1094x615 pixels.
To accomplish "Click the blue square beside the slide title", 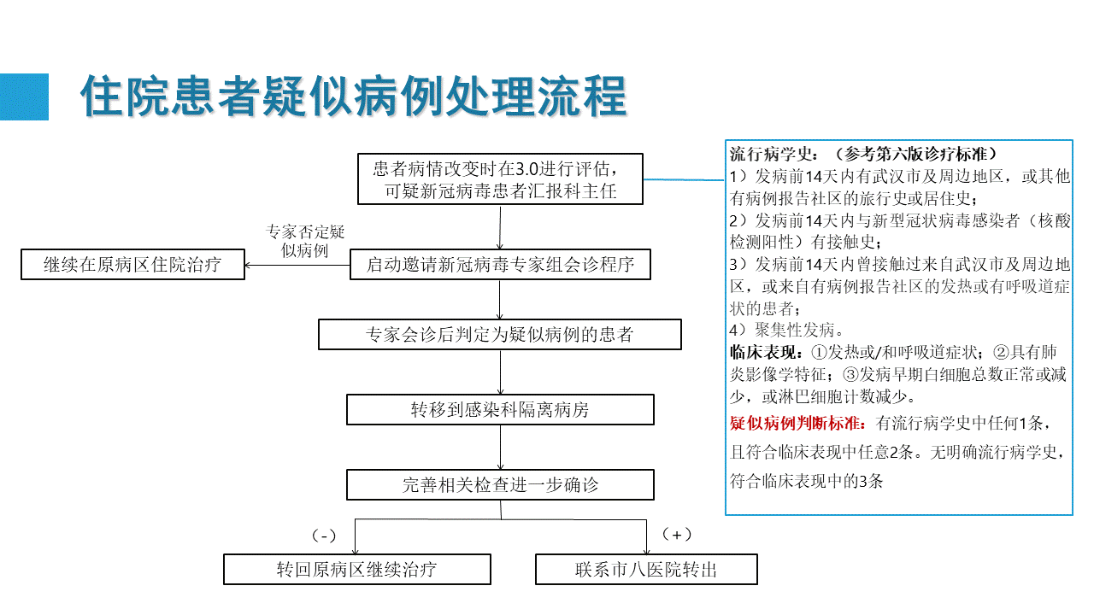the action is tap(24, 97).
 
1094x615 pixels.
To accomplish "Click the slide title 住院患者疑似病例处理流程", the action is tap(354, 97).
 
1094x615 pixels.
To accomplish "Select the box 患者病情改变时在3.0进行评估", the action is tap(500, 179).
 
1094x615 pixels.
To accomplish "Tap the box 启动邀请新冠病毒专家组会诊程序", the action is tap(500, 265).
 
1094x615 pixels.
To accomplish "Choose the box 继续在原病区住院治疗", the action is tap(132, 265).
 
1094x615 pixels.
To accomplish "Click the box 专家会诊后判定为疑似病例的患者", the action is tap(500, 334).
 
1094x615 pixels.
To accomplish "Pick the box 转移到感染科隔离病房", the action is tap(500, 409).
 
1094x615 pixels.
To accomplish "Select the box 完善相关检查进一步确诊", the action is tap(500, 484).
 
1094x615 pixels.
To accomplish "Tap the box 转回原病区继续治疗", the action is tap(357, 569).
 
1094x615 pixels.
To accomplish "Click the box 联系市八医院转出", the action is tap(646, 569).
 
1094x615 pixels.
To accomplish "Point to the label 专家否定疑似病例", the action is tap(305, 241).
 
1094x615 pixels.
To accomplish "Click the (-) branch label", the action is tap(324, 536).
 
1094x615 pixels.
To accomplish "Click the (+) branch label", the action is tap(677, 535).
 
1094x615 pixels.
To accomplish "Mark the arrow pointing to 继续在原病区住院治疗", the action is tap(297, 265).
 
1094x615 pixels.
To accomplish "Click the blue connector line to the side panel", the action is tap(685, 179).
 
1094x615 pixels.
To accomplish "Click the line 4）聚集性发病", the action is tap(787, 330).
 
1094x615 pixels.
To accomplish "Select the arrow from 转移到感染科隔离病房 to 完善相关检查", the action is tap(500, 447).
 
